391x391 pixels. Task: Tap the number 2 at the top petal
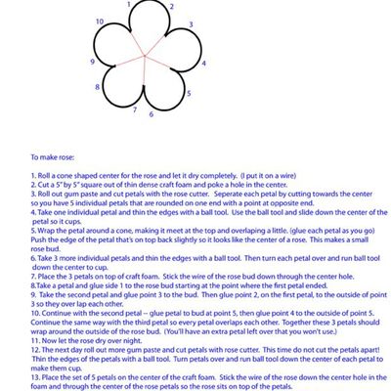point(171,7)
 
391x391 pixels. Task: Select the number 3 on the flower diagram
point(190,23)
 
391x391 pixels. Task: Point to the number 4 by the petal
point(202,65)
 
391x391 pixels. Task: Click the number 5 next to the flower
point(190,94)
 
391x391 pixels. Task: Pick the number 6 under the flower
point(151,113)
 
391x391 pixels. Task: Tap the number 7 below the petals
point(135,109)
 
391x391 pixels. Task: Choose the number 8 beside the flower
point(97,87)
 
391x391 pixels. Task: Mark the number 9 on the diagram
point(92,62)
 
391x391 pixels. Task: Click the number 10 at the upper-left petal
point(101,21)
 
